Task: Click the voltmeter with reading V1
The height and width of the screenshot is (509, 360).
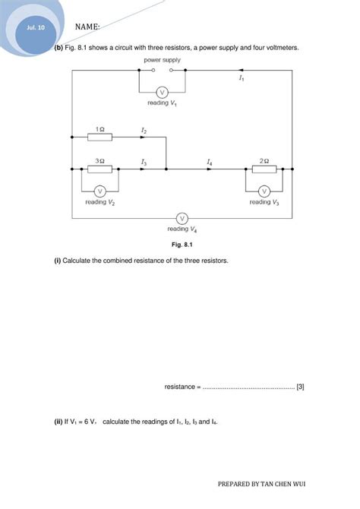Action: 172,89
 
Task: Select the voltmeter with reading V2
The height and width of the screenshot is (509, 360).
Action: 99,190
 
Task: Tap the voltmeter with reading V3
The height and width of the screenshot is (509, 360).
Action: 264,190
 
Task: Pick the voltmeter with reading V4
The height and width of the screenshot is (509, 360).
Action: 182,218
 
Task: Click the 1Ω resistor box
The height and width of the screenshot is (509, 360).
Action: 99,138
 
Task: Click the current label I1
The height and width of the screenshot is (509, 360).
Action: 241,78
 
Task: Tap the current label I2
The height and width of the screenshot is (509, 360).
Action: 144,131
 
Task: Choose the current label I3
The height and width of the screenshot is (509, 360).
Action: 144,162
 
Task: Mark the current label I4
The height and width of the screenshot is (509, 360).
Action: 209,162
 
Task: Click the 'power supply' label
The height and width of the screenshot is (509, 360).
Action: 161,59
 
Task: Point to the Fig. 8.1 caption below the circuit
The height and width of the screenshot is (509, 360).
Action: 181,244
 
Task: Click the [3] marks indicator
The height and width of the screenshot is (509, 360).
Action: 301,387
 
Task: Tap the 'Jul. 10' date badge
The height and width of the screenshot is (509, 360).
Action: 36,28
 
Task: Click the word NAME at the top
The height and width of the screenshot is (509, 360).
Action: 87,27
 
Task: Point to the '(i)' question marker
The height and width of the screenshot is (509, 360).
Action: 57,261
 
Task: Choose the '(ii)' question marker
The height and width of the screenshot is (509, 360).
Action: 58,422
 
